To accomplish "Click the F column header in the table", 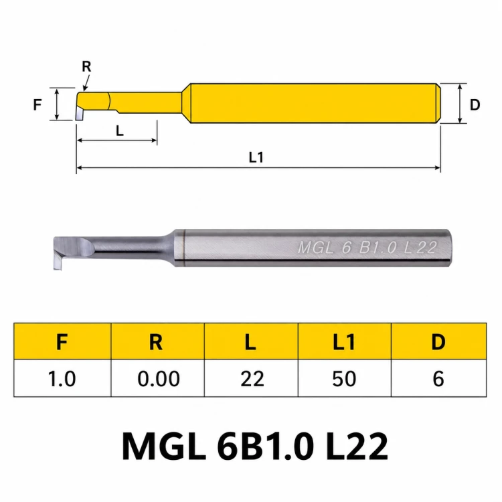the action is [62, 341].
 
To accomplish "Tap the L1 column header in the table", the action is [345, 341].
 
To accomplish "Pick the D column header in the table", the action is [438, 341].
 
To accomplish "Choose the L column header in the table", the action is [251, 341].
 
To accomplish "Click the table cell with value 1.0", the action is [62, 378].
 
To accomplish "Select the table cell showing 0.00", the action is [157, 378].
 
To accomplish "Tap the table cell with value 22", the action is [251, 378].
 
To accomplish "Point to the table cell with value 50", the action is [345, 378].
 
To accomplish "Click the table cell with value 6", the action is [438, 378].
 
